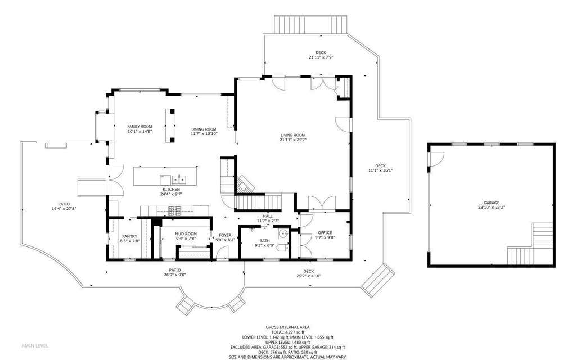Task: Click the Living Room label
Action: pos(292,135)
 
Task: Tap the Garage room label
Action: pos(491,202)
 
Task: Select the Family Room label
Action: pos(139,127)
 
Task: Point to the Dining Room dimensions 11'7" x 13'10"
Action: pos(204,134)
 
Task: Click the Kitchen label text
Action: pos(171,190)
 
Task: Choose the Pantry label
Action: pos(130,237)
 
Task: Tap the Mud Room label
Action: pos(186,233)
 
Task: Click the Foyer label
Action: pos(225,236)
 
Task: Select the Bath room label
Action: pos(264,241)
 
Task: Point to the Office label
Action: pos(325,233)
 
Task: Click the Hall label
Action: pos(268,217)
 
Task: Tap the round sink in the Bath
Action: pos(283,234)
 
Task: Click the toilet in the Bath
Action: pos(282,248)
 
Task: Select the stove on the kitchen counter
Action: pos(174,210)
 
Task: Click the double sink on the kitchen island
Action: pos(179,179)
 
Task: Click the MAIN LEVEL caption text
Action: pos(35,346)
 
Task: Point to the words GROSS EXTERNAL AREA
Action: pos(287,327)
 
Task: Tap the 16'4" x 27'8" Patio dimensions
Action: pos(64,209)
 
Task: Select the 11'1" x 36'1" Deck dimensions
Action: pos(381,170)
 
